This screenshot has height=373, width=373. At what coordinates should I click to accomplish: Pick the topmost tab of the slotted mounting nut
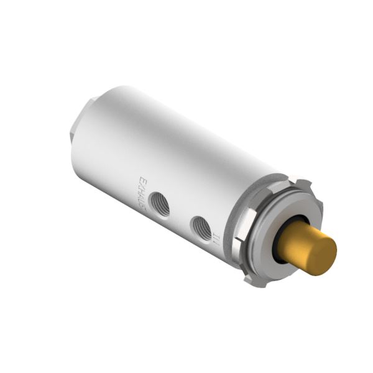coord(302,185)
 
